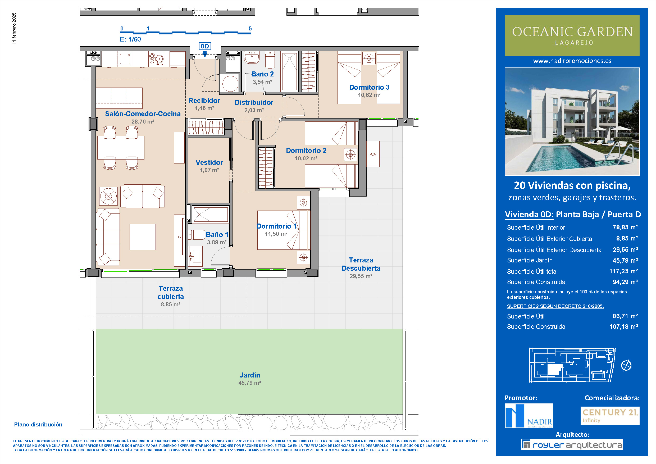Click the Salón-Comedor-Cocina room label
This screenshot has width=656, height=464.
pos(143,114)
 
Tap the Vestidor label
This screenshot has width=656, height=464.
pos(209,162)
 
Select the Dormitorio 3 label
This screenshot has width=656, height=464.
pos(369,87)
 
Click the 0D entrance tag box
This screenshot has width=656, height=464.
pos(204,46)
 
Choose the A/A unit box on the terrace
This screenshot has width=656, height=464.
pos(373,154)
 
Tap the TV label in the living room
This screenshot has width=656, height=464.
pos(179,236)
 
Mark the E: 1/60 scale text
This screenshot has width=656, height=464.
pos(130,39)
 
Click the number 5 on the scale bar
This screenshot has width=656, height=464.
pos(250,29)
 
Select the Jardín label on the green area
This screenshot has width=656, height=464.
pos(249,375)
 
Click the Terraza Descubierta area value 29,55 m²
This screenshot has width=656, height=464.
pos(361,276)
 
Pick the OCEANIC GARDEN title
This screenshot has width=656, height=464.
pos(572,32)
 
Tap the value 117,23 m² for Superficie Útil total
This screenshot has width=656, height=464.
pos(623,271)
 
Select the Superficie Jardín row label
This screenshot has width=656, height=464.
pos(530,260)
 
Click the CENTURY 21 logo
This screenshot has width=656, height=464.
pos(610,415)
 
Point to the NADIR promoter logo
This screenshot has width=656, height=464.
pos(529,416)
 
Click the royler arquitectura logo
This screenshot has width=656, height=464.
pos(572,445)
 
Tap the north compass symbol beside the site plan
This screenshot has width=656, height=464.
pos(626,365)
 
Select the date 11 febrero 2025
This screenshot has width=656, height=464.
pos(14,28)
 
